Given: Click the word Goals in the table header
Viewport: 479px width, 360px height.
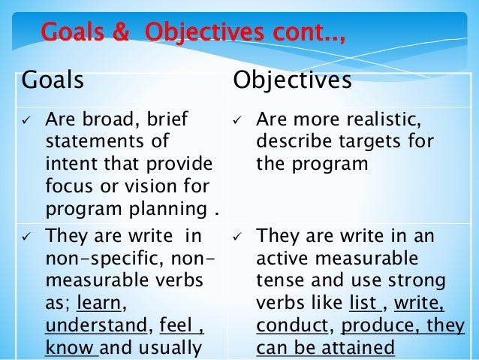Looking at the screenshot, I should tap(52, 80).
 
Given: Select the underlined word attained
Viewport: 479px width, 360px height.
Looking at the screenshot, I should tap(357, 348).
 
